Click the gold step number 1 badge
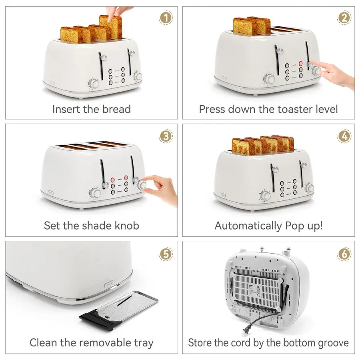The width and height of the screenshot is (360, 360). coord(166,18)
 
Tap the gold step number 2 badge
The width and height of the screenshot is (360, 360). coord(344,18)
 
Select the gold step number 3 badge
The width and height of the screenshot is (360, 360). coord(166,136)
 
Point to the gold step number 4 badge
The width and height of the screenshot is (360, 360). coord(344,136)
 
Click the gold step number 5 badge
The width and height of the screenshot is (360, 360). coord(166,254)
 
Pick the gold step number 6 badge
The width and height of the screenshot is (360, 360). coord(344,254)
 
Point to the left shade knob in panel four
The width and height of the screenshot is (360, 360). coord(264,196)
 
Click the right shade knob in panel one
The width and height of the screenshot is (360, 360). coord(138,76)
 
